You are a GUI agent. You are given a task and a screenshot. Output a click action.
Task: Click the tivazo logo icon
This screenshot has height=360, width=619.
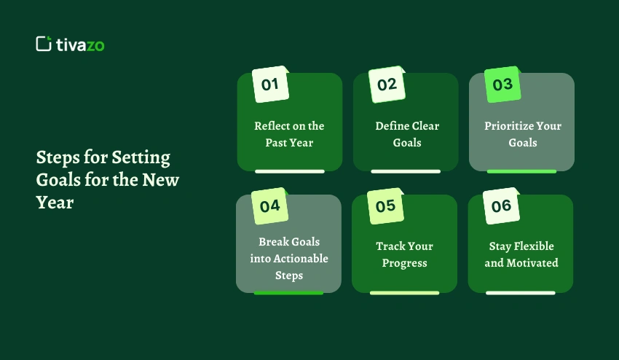pos(44,44)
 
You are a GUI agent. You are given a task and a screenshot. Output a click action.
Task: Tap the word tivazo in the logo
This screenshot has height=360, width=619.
pos(80,44)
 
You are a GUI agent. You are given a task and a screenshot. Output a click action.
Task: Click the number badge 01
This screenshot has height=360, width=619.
pos(270,85)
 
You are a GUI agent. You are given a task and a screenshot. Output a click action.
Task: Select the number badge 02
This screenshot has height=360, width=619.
pos(387,85)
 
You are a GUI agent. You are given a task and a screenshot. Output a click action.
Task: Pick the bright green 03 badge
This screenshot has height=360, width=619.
pos(502,85)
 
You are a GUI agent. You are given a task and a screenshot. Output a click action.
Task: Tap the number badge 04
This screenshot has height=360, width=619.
pos(270,206)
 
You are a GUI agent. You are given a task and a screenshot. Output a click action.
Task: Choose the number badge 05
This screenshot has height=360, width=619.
pos(386,206)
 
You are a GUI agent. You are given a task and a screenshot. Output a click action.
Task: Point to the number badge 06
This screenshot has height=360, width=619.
pos(501,206)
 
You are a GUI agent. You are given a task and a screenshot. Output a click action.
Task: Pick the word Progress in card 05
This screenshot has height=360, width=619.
pos(405,263)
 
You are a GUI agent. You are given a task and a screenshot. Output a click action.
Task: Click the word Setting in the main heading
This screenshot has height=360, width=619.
pos(141,158)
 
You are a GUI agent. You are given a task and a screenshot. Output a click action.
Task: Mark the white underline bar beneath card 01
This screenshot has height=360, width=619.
pos(290,171)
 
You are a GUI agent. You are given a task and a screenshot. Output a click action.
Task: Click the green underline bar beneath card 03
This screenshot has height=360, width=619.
pos(522,171)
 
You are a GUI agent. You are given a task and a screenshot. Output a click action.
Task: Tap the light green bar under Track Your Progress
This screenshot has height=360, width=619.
pos(405,293)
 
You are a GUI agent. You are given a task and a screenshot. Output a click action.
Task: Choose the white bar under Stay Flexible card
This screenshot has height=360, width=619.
pos(521,293)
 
